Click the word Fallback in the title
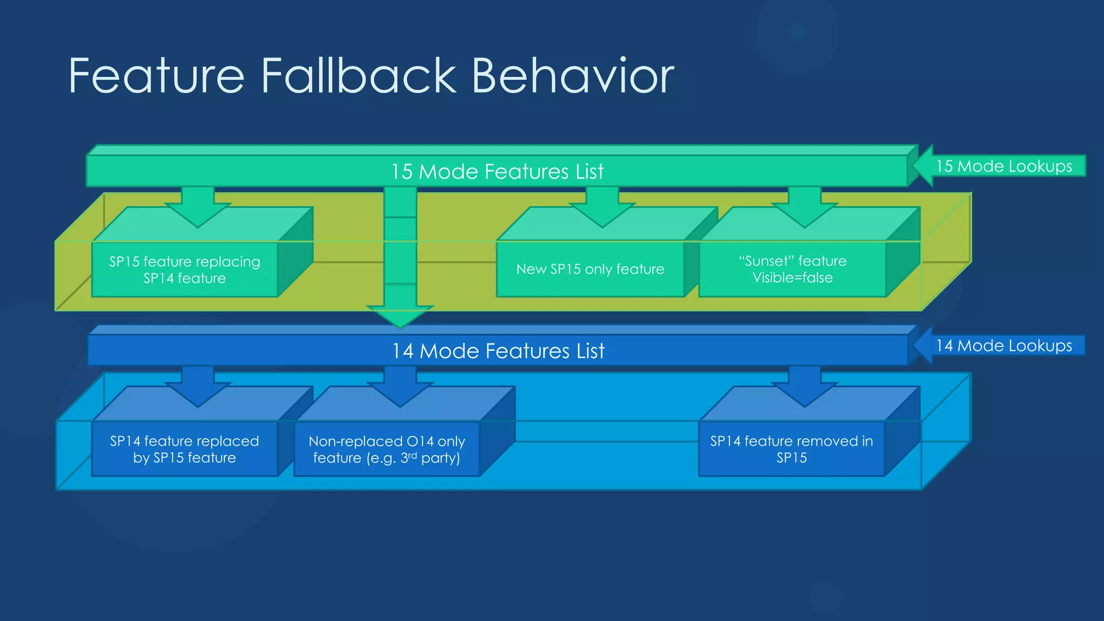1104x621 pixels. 359,76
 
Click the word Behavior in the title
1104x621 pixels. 572,76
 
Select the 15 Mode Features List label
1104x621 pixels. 497,171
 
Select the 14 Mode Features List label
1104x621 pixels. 498,351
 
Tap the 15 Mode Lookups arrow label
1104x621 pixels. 1004,166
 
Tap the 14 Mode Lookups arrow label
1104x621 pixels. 1004,346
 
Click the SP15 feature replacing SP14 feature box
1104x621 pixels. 184,270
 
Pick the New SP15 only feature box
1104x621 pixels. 590,269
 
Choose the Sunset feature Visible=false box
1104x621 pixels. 792,269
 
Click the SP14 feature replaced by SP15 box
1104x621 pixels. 184,449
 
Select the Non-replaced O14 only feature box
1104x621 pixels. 387,449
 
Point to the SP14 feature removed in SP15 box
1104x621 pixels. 791,449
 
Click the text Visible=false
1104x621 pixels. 792,278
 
